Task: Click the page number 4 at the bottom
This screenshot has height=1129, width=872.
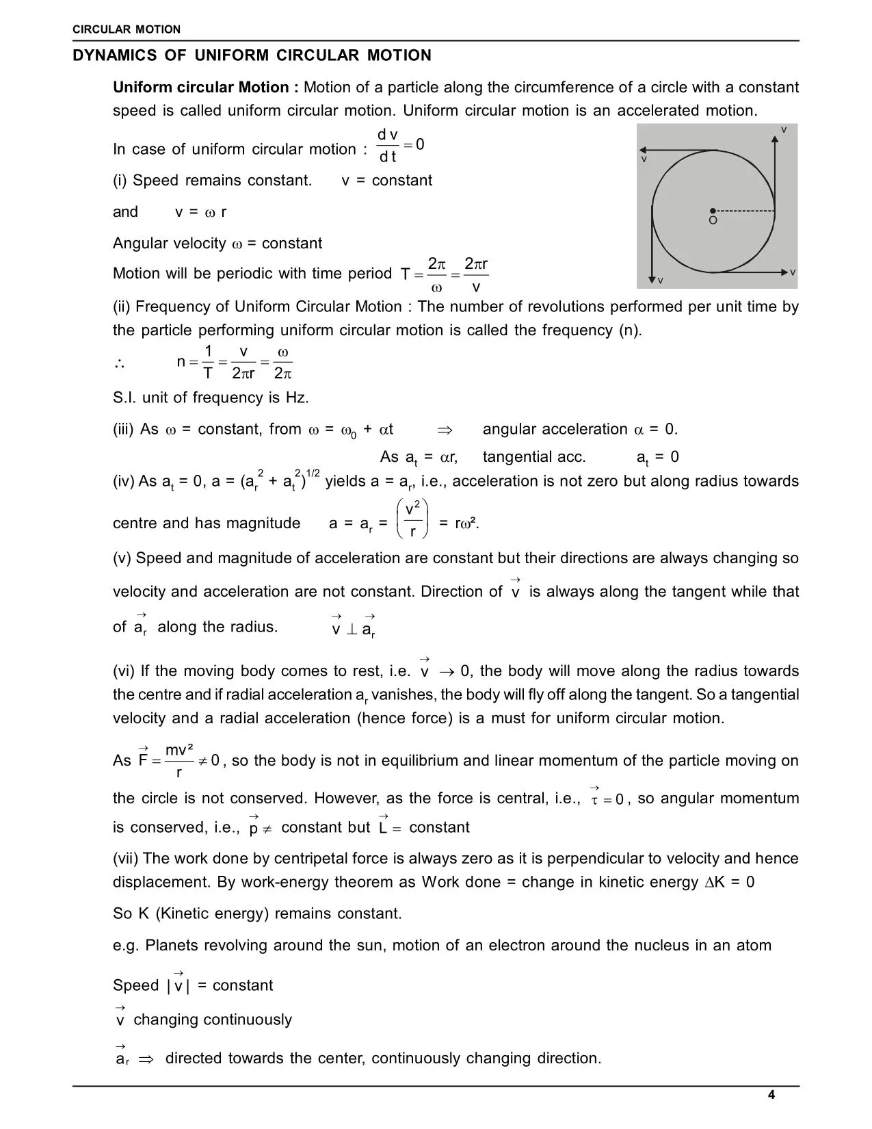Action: coord(771,1095)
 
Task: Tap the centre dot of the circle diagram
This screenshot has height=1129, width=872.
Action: coord(713,211)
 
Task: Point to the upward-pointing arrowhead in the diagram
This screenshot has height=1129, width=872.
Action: coord(775,139)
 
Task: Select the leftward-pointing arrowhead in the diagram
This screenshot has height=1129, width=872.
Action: coord(643,150)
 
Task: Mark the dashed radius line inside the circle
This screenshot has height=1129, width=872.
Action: coord(744,211)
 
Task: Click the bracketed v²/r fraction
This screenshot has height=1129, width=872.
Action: coord(412,520)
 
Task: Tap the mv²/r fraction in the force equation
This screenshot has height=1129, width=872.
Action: coord(179,761)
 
